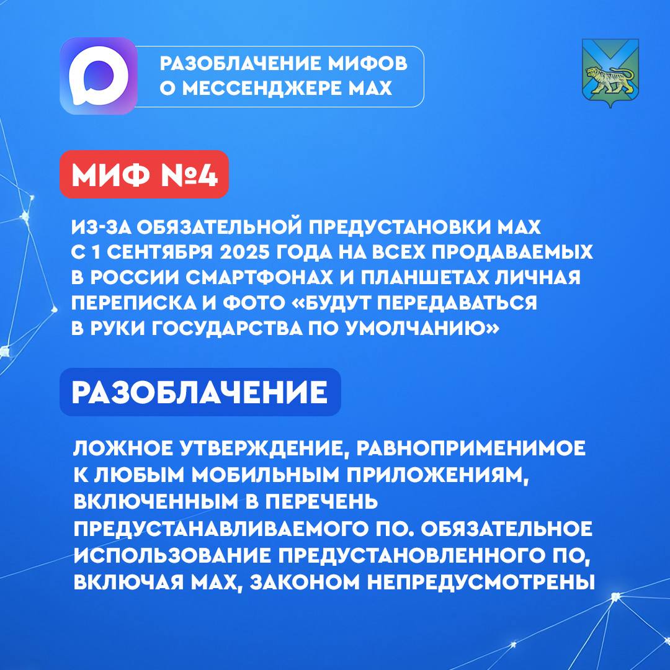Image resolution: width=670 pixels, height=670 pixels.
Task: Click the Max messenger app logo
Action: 99,76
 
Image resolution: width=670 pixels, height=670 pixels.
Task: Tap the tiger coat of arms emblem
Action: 610,73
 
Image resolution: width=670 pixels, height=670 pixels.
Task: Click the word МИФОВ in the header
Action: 368,64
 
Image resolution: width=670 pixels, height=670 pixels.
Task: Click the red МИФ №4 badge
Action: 145,174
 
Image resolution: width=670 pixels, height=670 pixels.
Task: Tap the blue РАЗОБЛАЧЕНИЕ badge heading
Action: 200,392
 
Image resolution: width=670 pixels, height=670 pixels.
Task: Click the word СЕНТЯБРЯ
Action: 160,252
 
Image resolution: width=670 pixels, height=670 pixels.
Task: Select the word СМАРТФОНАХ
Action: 259,277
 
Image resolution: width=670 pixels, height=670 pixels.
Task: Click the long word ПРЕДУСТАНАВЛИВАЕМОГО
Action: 220,529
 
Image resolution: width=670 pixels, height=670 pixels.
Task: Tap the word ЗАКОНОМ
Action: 305,582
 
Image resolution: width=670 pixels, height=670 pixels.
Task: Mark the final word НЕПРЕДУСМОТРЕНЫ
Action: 481,582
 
